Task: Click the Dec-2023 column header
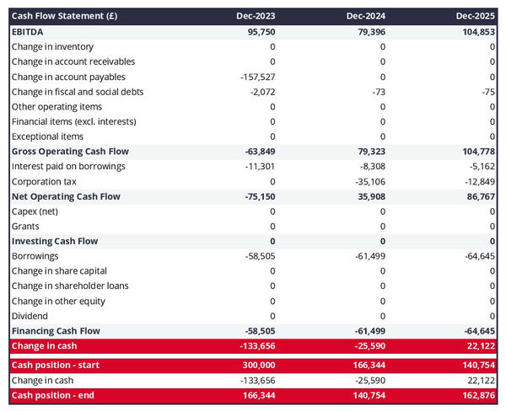click(x=256, y=16)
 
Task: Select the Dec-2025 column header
click(x=476, y=16)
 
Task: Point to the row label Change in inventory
click(x=52, y=46)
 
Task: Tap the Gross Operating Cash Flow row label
click(x=70, y=152)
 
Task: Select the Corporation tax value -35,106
click(x=367, y=181)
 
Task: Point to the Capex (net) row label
click(x=36, y=211)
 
